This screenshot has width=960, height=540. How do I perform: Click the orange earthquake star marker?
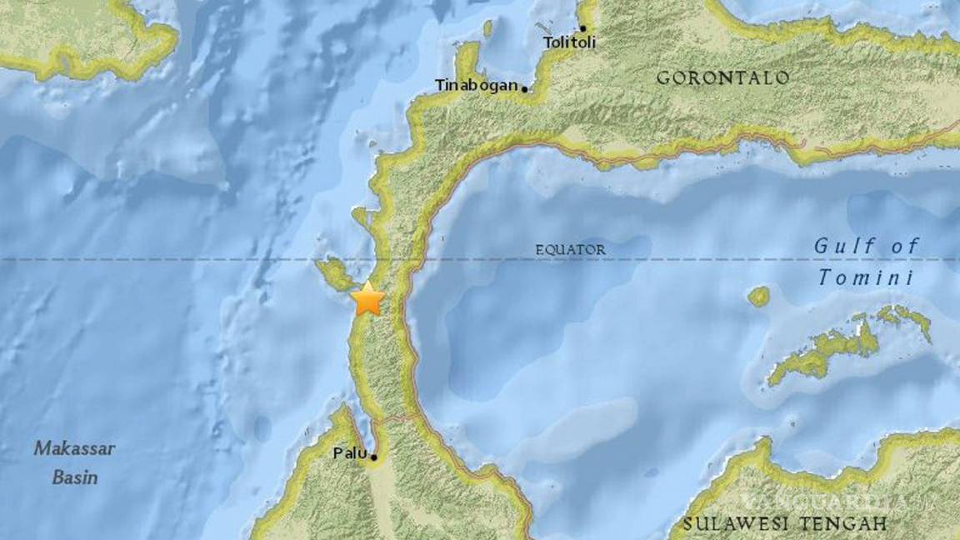(367, 299)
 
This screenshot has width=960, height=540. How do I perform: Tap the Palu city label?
(347, 454)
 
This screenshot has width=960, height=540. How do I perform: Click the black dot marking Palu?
(374, 457)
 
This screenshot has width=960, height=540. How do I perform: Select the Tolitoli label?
(569, 42)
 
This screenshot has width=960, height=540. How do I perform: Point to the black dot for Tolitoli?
(582, 28)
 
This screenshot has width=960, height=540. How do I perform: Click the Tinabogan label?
(476, 85)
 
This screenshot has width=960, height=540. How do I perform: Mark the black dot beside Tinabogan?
(525, 87)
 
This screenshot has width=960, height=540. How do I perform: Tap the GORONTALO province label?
(722, 78)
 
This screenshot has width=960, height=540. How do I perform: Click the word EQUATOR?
(570, 250)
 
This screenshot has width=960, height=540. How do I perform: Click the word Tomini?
(865, 278)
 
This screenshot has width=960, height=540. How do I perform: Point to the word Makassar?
(74, 449)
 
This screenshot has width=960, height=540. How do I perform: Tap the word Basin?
(75, 478)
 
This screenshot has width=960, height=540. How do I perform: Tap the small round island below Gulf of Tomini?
(758, 296)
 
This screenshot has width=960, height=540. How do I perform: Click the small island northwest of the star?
(335, 273)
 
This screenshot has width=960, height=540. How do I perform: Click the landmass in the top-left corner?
(75, 37)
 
